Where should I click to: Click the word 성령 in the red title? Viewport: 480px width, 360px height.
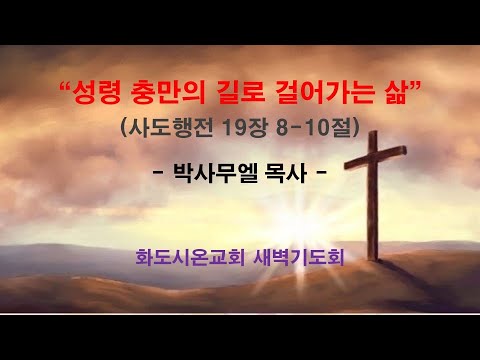(x=94, y=98)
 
